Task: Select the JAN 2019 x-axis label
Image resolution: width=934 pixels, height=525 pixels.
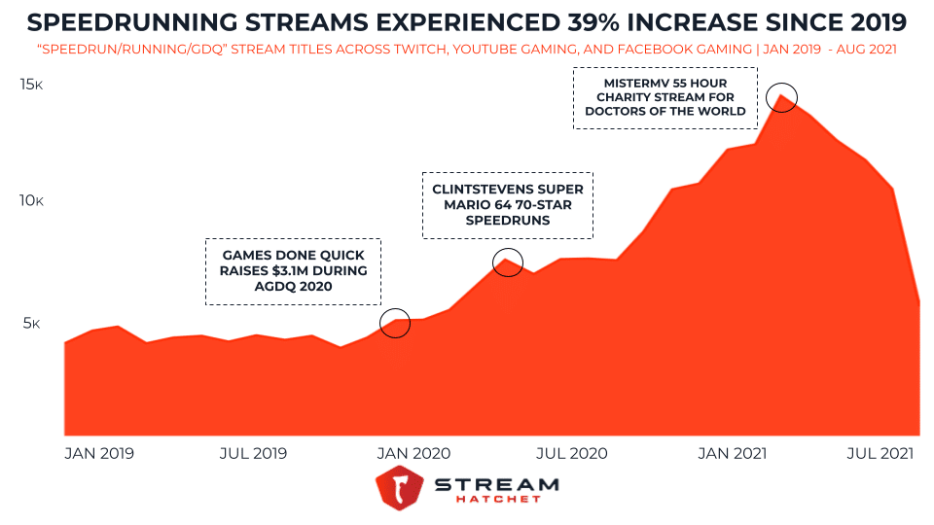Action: pyautogui.click(x=99, y=453)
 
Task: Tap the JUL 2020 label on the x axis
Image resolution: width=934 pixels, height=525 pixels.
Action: pyautogui.click(x=572, y=453)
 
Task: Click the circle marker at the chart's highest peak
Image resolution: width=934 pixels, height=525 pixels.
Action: pyautogui.click(x=781, y=97)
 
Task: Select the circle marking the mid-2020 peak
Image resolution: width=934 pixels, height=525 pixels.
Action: pyautogui.click(x=508, y=262)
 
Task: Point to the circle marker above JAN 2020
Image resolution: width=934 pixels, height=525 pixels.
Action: pyautogui.click(x=395, y=323)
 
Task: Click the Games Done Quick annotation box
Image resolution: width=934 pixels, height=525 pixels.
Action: pyautogui.click(x=293, y=271)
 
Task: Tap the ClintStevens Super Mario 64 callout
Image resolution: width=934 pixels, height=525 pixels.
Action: pyautogui.click(x=507, y=205)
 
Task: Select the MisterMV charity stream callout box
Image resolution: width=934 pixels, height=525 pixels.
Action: pyautogui.click(x=665, y=97)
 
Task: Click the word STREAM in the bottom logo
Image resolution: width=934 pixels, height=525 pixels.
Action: pyautogui.click(x=496, y=484)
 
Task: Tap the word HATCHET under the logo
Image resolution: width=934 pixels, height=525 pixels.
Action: pyautogui.click(x=496, y=500)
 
